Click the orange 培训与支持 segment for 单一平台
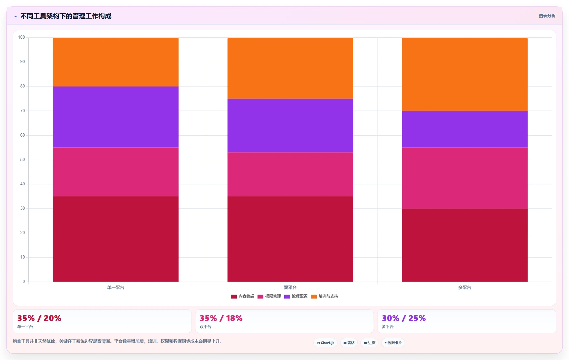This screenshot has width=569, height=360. click(x=116, y=62)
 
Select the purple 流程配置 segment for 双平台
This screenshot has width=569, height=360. click(x=290, y=126)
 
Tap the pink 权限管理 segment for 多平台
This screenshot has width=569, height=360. click(x=465, y=178)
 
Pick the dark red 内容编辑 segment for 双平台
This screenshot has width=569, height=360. click(x=290, y=239)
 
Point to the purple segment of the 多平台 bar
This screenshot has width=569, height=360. click(x=465, y=129)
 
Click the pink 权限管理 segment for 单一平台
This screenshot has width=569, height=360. click(x=116, y=172)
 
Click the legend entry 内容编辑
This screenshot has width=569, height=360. click(x=243, y=296)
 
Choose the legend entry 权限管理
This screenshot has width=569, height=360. click(x=269, y=296)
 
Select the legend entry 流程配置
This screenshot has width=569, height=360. click(x=296, y=296)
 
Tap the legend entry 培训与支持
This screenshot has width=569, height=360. click(x=324, y=296)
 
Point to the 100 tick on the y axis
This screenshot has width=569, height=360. click(x=21, y=37)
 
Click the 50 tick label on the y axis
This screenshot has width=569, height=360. click(x=22, y=160)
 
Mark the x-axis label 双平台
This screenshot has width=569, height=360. click(x=290, y=287)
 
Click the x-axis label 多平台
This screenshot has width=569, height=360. click(x=465, y=287)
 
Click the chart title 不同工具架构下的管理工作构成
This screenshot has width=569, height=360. click(x=66, y=16)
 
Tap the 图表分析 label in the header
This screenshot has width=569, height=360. click(x=547, y=16)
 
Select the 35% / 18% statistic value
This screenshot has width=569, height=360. click(x=221, y=318)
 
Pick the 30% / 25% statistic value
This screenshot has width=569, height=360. click(x=404, y=318)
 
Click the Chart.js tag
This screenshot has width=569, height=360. click(x=325, y=343)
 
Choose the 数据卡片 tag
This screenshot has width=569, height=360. click(x=393, y=343)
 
